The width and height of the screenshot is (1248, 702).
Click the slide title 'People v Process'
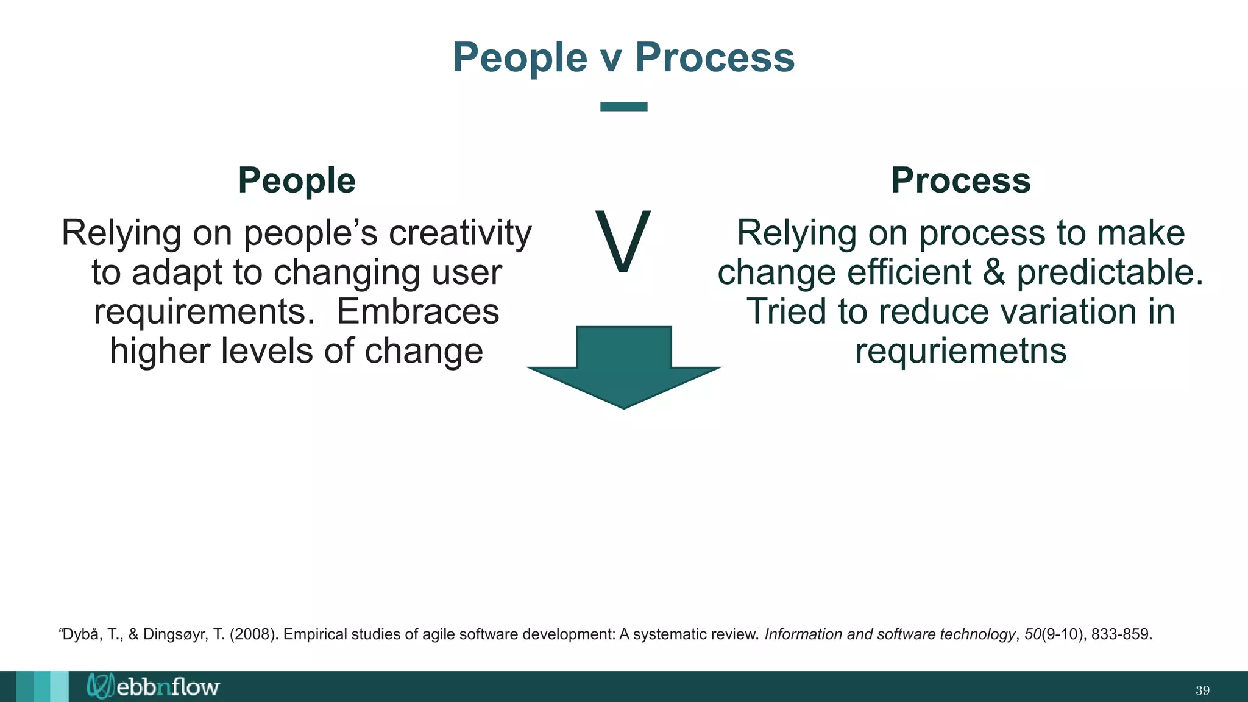623,57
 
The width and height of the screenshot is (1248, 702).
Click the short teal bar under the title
623,107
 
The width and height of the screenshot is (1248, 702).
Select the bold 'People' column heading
297,180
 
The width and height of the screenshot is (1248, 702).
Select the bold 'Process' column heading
960,180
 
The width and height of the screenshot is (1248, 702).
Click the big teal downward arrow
623,366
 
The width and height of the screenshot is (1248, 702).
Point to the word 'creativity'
460,233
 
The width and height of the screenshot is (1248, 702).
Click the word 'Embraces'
418,311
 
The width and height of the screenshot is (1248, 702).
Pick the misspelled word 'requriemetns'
960,351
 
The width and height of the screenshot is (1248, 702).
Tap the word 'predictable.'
1110,272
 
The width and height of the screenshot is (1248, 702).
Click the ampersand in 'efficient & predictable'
993,272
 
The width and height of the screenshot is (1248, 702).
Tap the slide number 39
1202,690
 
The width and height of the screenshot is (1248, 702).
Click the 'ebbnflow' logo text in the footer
168,687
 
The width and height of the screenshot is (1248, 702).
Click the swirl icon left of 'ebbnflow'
100,686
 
